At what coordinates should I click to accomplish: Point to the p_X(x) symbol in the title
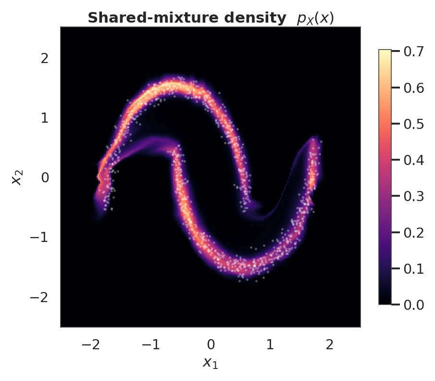point(315,18)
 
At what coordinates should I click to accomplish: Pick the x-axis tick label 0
point(211,344)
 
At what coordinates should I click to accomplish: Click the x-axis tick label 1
point(270,344)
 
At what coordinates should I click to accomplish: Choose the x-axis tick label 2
point(330,344)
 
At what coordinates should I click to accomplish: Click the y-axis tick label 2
point(45,58)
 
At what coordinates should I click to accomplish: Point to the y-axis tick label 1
point(45,118)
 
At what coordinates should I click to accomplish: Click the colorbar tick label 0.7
point(414,51)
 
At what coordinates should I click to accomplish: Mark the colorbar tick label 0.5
point(414,124)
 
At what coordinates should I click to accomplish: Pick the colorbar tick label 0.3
point(414,196)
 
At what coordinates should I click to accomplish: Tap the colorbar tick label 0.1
point(414,268)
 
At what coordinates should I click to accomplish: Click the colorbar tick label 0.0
point(414,305)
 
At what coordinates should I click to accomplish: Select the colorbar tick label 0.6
point(414,88)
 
